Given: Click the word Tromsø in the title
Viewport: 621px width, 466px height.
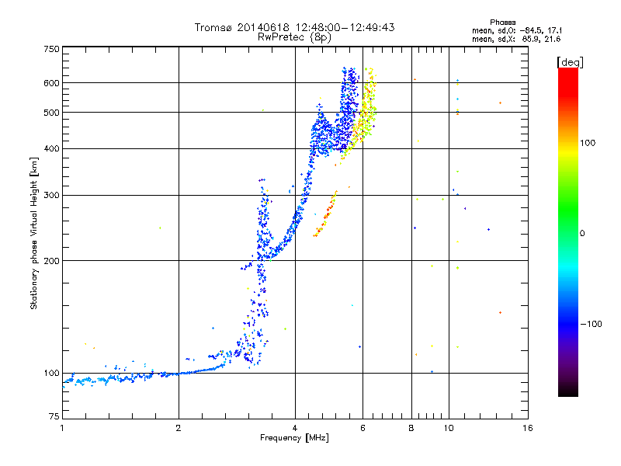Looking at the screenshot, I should pyautogui.click(x=213, y=27).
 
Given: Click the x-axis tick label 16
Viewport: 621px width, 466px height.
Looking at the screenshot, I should pyautogui.click(x=527, y=428).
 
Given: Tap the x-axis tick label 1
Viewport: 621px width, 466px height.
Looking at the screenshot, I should pyautogui.click(x=62, y=428).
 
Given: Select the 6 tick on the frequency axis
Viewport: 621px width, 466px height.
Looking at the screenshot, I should pyautogui.click(x=363, y=428).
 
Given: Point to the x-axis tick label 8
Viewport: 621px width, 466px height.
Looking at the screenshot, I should pyautogui.click(x=411, y=428).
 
